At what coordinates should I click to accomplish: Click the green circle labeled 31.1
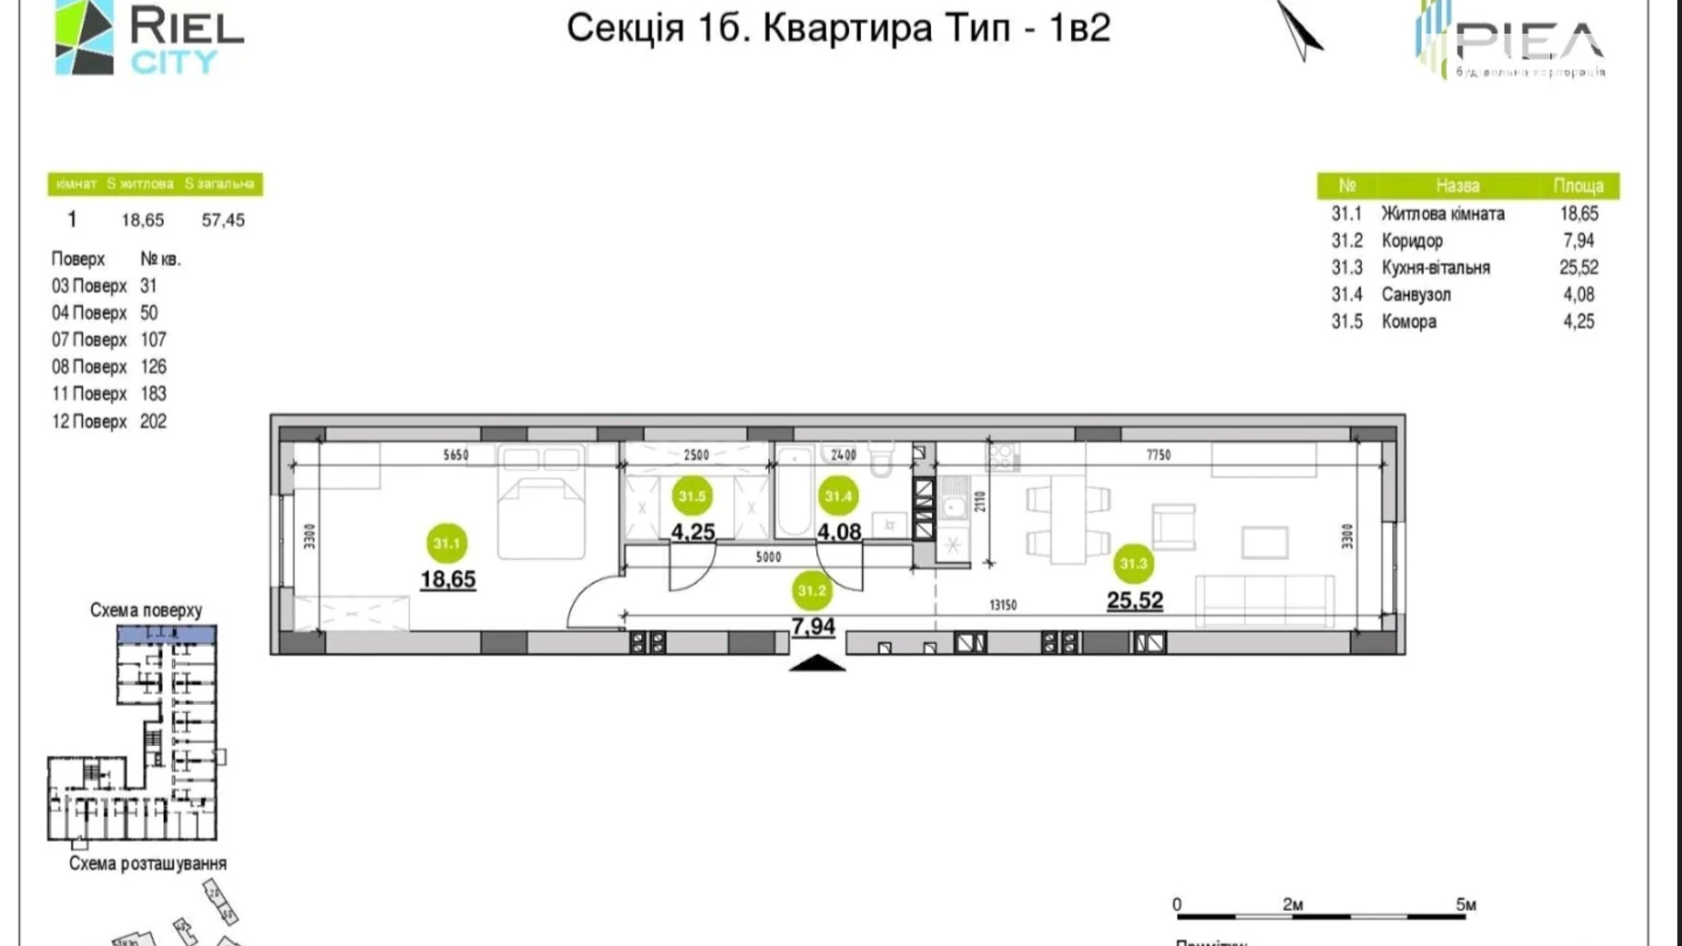(446, 543)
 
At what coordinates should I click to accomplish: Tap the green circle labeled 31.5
(692, 496)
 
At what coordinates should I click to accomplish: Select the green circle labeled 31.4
(837, 496)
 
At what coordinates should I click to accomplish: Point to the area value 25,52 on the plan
(1135, 600)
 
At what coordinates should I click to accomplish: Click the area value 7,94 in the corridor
(813, 627)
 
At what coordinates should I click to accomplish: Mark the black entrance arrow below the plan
(817, 663)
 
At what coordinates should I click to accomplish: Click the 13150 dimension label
(1003, 605)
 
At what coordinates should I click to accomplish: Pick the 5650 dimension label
(456, 455)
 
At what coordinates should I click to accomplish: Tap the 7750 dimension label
(1158, 455)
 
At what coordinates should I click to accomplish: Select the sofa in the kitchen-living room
(1265, 600)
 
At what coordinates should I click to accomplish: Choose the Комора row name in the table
(1409, 321)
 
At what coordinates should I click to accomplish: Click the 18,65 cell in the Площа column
(1578, 214)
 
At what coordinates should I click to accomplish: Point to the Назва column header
(1457, 186)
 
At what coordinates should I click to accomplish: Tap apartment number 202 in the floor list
(154, 421)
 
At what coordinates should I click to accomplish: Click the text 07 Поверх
(89, 339)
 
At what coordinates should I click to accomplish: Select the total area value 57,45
(223, 220)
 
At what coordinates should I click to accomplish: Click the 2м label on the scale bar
(1293, 904)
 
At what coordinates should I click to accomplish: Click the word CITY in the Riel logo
(174, 62)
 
